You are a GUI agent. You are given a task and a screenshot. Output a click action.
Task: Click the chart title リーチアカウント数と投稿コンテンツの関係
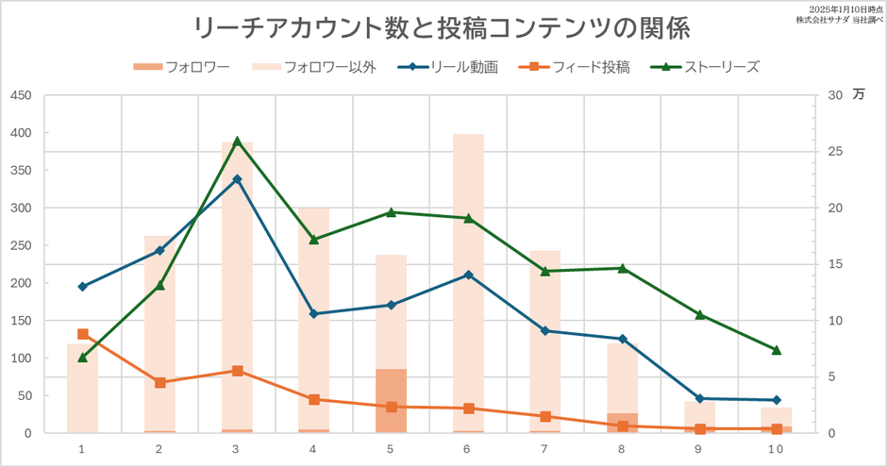click(x=441, y=28)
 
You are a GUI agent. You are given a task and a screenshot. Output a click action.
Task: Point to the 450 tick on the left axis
click(x=20, y=95)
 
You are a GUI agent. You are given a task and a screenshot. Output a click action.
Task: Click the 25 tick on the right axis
click(x=833, y=152)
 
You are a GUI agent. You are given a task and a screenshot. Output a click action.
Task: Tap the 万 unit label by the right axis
click(x=858, y=94)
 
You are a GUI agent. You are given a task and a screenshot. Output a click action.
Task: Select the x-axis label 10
click(x=776, y=450)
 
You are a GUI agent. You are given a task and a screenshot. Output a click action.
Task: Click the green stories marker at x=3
click(x=237, y=142)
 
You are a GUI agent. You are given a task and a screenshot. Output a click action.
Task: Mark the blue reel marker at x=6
click(x=468, y=275)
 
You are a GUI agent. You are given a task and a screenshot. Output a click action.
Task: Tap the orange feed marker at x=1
click(x=83, y=334)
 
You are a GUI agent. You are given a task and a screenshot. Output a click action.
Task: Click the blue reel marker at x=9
click(x=699, y=398)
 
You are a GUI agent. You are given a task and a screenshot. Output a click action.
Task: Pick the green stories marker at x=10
click(x=777, y=350)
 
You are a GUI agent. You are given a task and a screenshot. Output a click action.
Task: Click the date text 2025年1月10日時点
click(x=838, y=8)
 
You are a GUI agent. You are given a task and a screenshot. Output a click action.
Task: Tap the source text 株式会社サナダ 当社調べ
click(x=838, y=20)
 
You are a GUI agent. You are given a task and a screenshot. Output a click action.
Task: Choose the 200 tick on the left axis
click(x=20, y=283)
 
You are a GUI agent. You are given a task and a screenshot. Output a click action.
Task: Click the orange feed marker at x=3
click(x=237, y=371)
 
